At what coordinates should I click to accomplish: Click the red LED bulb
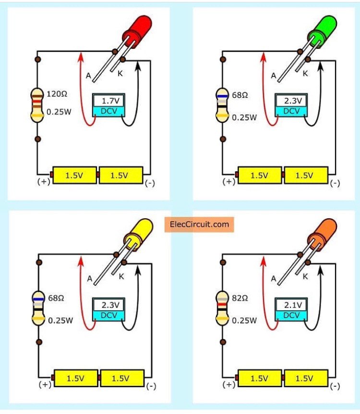[137, 32]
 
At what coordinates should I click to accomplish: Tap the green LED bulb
[322, 32]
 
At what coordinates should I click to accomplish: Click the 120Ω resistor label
[57, 94]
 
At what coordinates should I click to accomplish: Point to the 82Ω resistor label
[240, 298]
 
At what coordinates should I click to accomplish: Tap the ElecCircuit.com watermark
[199, 225]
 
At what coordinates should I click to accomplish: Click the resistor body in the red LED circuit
[37, 106]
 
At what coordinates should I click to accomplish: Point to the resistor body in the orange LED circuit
[222, 308]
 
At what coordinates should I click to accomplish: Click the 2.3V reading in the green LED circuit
[293, 101]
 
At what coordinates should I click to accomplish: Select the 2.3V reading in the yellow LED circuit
[111, 305]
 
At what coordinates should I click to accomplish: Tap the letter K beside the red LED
[120, 73]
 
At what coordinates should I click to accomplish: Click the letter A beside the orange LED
[274, 279]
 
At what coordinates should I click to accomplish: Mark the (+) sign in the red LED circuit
[44, 182]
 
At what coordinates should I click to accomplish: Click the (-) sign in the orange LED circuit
[335, 386]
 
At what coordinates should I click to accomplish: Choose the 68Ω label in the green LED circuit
[240, 95]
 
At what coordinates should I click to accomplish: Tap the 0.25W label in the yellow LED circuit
[60, 320]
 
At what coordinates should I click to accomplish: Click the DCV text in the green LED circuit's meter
[291, 111]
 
